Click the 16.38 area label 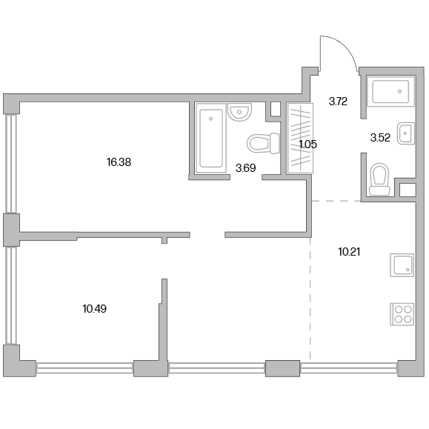tap(119, 162)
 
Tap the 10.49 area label tap(94, 309)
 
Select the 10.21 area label tap(349, 251)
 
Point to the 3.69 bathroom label tap(245, 167)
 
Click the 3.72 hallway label tap(338, 102)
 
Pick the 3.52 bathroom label tap(380, 137)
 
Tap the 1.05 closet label tap(307, 144)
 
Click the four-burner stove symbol tap(402, 314)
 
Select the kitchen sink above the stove tap(402, 265)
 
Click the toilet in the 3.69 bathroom tap(263, 143)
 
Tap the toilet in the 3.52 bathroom tap(379, 179)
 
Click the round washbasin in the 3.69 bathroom tap(239, 112)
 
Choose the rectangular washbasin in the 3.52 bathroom tap(406, 133)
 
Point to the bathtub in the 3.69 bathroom tap(211, 138)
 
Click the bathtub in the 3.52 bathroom tap(390, 91)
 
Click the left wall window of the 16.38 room tap(11, 164)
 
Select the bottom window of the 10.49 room tap(84, 368)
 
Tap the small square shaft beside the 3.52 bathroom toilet tap(408, 190)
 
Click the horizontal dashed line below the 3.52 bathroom tap(336, 201)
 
